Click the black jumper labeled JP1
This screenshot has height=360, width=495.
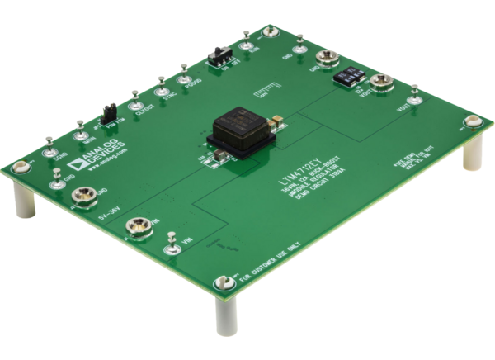[106, 112]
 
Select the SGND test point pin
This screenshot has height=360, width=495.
[50, 152]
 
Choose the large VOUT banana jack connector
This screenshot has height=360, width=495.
[380, 82]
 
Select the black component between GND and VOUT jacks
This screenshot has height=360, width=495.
[350, 73]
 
